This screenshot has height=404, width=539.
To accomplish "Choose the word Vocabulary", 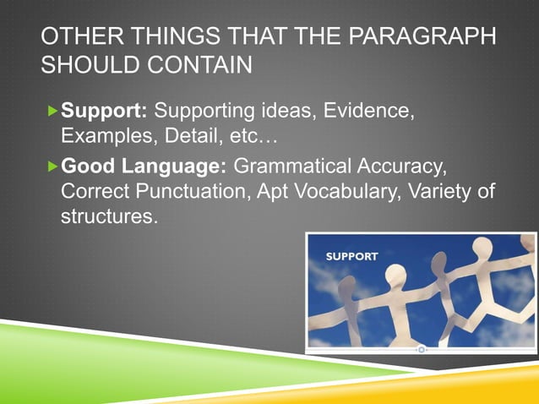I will (x=349, y=191).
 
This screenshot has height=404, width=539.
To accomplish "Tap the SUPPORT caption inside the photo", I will (x=352, y=254).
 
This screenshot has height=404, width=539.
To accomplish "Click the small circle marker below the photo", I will (x=421, y=348).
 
